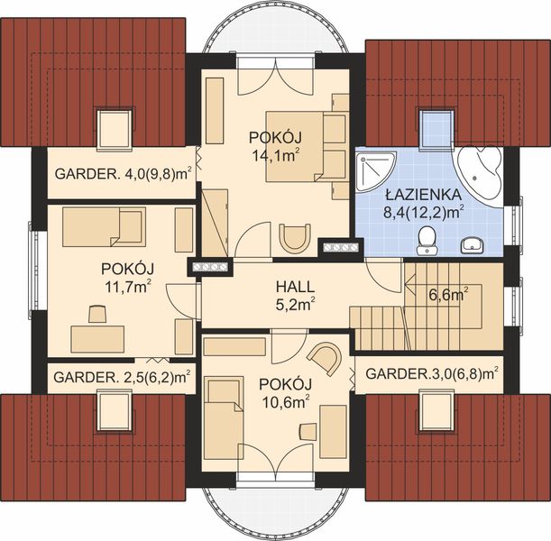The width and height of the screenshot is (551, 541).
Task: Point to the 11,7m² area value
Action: [x=127, y=286]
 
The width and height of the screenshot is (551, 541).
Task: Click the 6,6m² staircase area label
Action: [x=447, y=294]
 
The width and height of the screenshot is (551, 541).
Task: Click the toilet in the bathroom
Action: [x=427, y=239]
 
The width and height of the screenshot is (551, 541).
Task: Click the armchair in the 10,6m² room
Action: [x=326, y=357]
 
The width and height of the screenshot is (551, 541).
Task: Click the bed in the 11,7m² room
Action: [x=104, y=228]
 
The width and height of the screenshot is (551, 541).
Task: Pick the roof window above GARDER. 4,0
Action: [x=112, y=126]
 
